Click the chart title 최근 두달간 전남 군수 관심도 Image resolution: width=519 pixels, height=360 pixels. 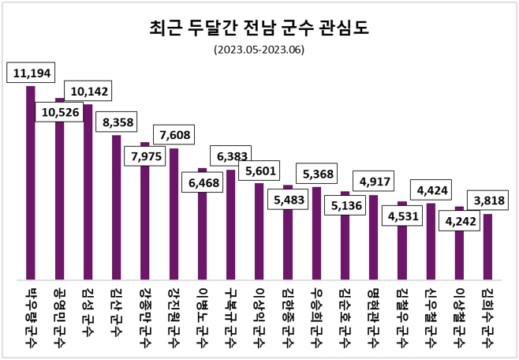tap(259, 29)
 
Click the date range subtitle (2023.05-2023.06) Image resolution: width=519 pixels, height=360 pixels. tap(259, 50)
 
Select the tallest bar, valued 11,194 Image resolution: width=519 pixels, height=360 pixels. tap(31, 182)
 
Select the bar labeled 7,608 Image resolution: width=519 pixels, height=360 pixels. tap(174, 213)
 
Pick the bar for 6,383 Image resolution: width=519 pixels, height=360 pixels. tap(231, 224)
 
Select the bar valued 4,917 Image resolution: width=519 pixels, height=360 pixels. tap(374, 237)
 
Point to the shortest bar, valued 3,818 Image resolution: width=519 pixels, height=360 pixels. tap(488, 246)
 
